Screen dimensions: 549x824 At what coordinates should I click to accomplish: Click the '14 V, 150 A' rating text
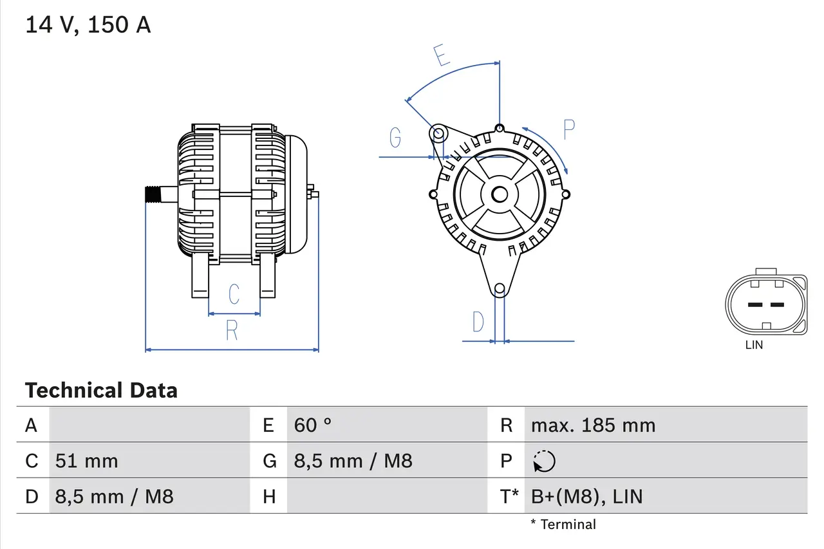[88, 25]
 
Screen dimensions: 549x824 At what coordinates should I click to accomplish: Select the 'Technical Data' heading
[101, 390]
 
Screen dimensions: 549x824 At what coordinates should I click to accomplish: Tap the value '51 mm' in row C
[86, 461]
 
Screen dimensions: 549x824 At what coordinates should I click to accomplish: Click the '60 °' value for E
[313, 425]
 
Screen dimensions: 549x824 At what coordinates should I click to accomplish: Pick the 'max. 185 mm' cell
[593, 425]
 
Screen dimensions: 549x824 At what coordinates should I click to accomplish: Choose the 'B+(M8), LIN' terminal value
[586, 496]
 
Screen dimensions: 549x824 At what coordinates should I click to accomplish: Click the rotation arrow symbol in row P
[545, 461]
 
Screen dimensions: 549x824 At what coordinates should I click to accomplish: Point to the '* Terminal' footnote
[563, 525]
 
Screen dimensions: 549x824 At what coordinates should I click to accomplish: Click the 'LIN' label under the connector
[754, 345]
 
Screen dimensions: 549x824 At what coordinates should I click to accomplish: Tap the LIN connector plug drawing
[765, 304]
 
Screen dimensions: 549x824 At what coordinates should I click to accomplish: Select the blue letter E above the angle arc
[441, 56]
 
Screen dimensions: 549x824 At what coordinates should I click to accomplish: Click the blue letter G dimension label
[395, 137]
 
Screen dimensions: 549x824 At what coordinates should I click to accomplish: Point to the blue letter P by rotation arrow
[568, 129]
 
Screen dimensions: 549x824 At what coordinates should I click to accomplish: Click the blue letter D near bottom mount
[478, 321]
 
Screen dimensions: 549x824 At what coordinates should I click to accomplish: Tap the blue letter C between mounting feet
[234, 293]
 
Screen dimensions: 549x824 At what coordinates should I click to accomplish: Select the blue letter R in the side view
[232, 330]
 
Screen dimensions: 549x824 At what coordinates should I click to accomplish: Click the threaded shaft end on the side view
[153, 194]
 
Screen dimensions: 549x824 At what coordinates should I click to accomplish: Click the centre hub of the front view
[499, 194]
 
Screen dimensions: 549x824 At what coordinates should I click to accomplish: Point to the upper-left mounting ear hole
[438, 135]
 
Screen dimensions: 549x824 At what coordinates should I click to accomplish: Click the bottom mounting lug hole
[499, 289]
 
